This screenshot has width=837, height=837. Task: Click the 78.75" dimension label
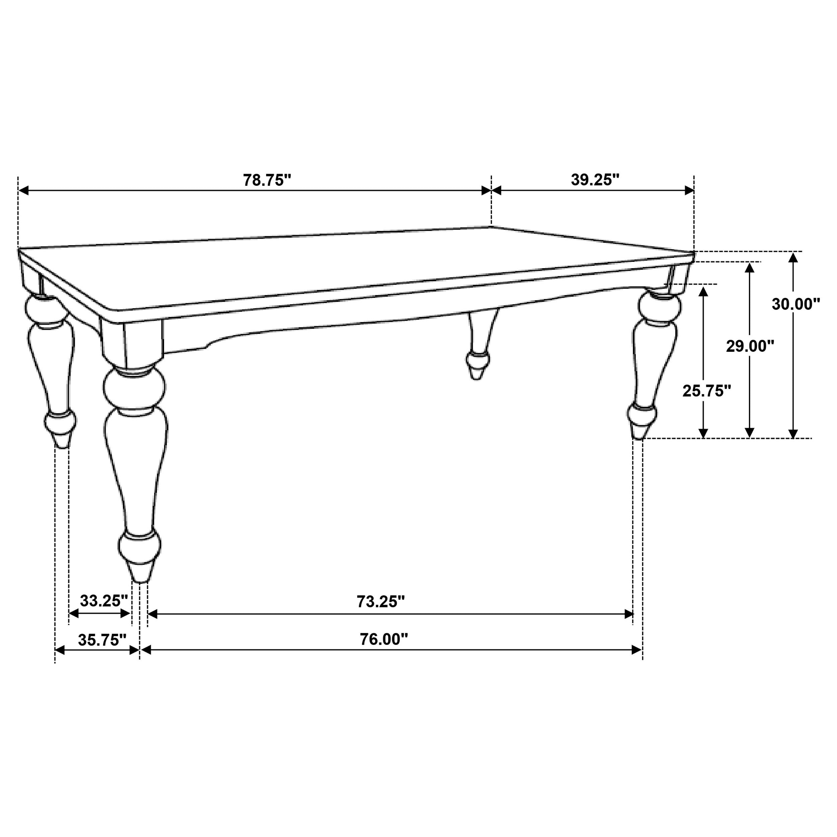pyautogui.click(x=267, y=180)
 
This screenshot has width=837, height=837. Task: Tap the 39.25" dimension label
pyautogui.click(x=595, y=180)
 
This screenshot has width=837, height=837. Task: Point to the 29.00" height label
pyautogui.click(x=750, y=346)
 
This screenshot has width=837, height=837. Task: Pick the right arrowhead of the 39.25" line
pyautogui.click(x=689, y=190)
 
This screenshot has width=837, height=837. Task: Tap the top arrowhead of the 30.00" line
pyautogui.click(x=793, y=257)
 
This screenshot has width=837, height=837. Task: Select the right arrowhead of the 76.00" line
pyautogui.click(x=637, y=650)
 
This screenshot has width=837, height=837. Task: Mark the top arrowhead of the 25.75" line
pyautogui.click(x=703, y=291)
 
